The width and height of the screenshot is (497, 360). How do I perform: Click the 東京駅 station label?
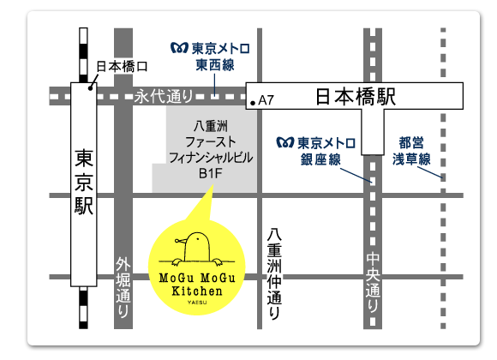click(84, 183)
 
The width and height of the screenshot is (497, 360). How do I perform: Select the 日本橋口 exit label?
click(122, 65)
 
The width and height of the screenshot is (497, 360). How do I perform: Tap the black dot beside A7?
click(252, 103)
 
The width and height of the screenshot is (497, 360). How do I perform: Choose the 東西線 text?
click(214, 64)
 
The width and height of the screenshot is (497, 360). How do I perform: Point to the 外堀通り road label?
click(123, 289)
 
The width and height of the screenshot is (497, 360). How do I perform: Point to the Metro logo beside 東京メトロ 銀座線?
click(282, 141)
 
